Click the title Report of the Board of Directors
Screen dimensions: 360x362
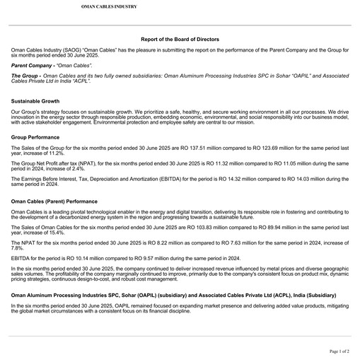tap(180, 39)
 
